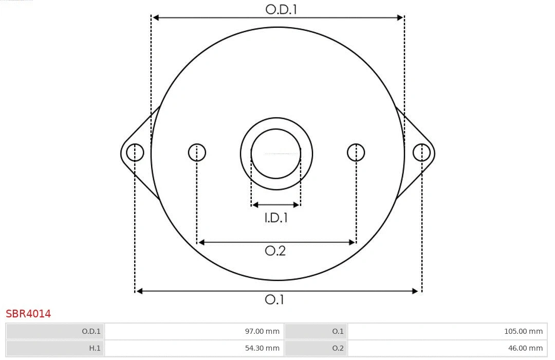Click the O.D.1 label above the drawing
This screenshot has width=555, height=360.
pyautogui.click(x=281, y=9)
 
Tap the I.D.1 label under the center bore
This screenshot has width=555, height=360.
pyautogui.click(x=276, y=218)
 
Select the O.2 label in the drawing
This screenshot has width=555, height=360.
pyautogui.click(x=275, y=251)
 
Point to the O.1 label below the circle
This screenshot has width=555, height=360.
pyautogui.click(x=274, y=299)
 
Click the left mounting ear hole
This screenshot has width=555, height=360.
pyautogui.click(x=135, y=153)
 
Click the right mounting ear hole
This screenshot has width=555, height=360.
pyautogui.click(x=421, y=153)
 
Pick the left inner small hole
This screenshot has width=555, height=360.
pyautogui.click(x=197, y=153)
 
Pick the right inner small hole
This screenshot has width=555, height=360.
pyautogui.click(x=356, y=153)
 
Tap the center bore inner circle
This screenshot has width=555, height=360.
pyautogui.click(x=276, y=154)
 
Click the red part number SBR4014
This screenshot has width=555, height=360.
pyautogui.click(x=28, y=314)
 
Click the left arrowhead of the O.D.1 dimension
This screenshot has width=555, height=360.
pyautogui.click(x=156, y=17)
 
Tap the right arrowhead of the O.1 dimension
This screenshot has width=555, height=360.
pyautogui.click(x=416, y=291)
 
